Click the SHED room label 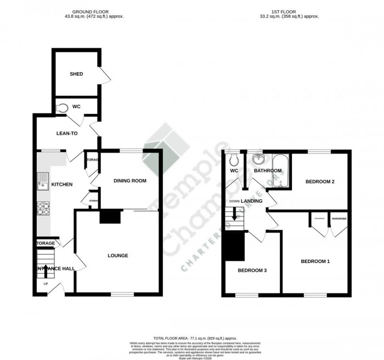[x=76, y=74]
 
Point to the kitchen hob [x=43, y=209]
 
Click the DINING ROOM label [x=129, y=181]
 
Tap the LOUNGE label [x=118, y=255]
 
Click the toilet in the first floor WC [x=235, y=159]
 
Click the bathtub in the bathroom [x=279, y=170]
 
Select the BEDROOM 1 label [x=315, y=261]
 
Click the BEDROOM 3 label [x=252, y=270]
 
